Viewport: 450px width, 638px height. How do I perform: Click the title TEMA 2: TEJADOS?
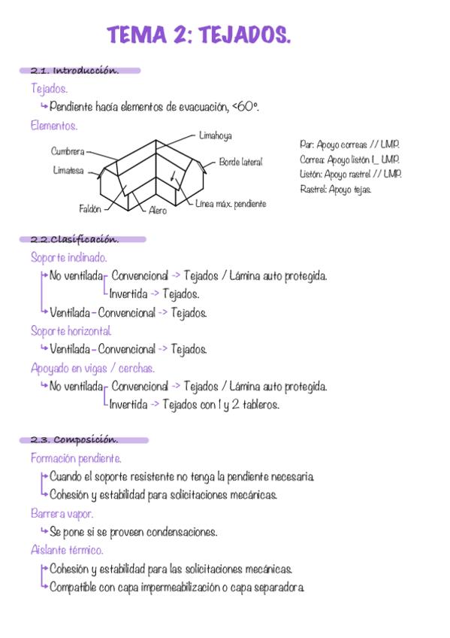198,35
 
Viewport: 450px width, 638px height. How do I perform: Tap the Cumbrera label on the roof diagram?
68,152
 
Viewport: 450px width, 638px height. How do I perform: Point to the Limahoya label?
216,136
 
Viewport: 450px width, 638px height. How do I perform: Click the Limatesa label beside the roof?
68,170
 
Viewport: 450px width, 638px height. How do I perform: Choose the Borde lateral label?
241,163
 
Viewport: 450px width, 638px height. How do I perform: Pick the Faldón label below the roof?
90,209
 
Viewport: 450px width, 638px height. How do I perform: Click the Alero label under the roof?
158,211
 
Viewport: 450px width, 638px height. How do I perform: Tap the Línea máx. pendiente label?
231,204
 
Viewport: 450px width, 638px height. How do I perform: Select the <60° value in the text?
246,108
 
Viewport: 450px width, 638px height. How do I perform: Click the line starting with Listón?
350,174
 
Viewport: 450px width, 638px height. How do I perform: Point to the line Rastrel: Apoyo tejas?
335,189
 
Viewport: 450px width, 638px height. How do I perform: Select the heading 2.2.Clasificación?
74,240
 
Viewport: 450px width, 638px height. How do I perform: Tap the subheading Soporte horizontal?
71,331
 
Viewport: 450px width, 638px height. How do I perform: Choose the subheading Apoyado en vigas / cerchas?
92,368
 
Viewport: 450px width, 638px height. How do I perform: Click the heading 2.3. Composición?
74,440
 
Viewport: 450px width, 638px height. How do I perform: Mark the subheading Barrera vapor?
62,514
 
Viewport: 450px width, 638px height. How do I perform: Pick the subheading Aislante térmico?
67,551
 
